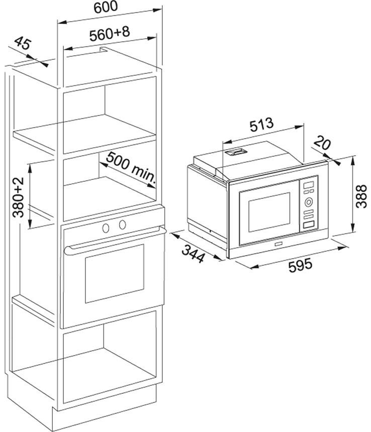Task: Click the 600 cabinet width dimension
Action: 106,7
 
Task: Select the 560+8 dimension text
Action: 110,34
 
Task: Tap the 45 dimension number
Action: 23,43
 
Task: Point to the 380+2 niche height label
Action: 19,197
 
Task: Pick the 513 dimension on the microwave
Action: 261,125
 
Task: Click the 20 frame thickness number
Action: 322,143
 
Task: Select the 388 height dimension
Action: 361,196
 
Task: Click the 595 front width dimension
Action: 300,265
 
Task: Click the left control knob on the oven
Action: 106,227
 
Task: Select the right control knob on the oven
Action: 122,225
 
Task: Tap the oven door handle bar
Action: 115,240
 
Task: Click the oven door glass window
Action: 115,273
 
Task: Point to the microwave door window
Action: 269,212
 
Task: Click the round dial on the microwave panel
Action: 309,202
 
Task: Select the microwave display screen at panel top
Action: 309,185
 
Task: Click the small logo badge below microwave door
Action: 277,244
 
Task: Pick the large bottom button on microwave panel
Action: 309,225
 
